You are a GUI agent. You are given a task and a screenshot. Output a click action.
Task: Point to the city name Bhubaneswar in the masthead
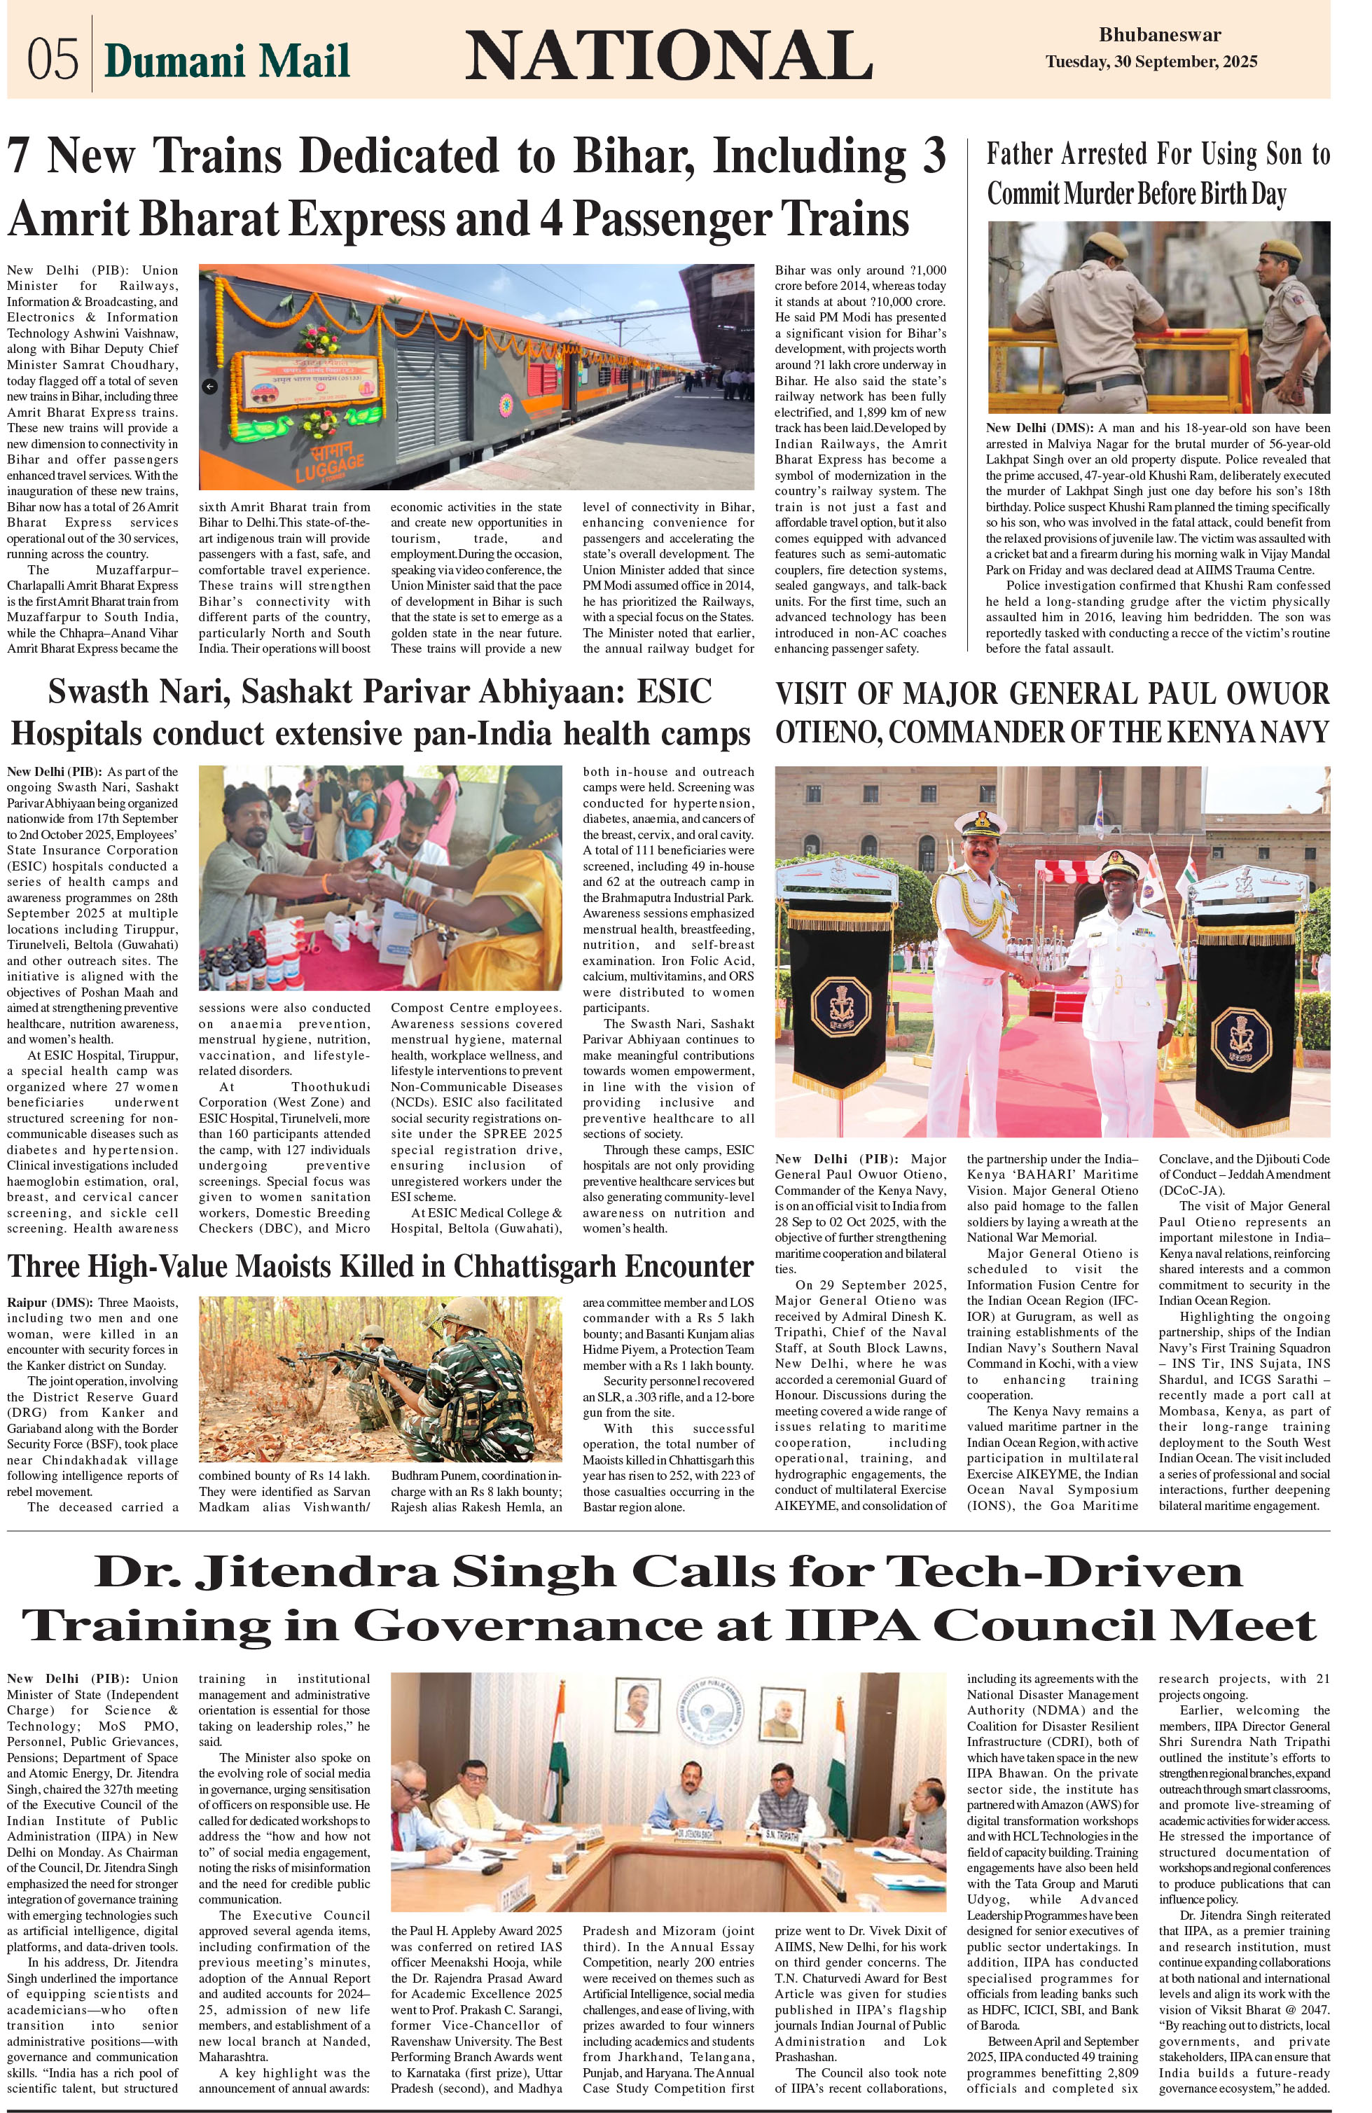(x=1159, y=36)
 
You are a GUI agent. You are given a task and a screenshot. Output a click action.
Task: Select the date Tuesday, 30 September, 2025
(x=1151, y=62)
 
